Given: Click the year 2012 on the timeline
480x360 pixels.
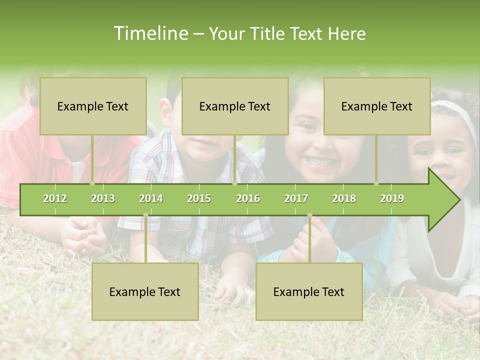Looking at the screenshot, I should (x=55, y=198).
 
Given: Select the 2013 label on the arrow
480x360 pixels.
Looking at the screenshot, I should (x=103, y=198).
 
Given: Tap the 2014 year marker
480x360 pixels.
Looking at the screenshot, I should (x=151, y=198).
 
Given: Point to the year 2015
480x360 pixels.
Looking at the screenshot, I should (x=199, y=198).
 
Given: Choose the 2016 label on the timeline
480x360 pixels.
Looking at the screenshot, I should (x=248, y=198).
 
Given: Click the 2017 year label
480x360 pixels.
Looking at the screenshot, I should (x=296, y=198).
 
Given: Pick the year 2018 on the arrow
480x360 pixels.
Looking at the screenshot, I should (x=344, y=198).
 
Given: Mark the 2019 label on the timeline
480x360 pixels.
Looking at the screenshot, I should (x=392, y=198).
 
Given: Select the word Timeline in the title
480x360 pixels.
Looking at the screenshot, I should (x=150, y=33).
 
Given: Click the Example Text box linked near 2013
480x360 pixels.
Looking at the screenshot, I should (x=93, y=106).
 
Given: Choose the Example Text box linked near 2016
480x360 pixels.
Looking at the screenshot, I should (x=235, y=106).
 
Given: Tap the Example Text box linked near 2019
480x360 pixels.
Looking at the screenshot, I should (x=377, y=106).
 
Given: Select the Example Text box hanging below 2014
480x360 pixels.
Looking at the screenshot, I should (x=145, y=291).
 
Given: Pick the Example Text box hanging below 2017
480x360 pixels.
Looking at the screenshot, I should (x=309, y=291).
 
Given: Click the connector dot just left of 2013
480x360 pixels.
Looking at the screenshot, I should (x=92, y=183).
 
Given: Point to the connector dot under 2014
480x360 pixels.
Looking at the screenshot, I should (x=145, y=215).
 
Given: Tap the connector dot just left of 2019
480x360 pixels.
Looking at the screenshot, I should (x=376, y=183).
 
